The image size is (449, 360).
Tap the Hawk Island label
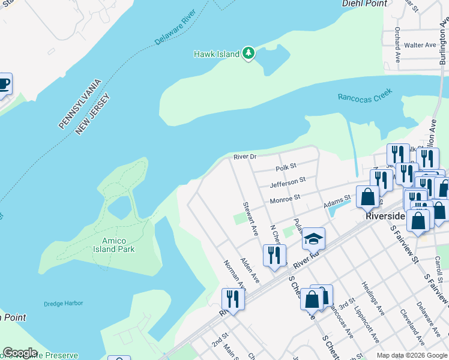pos(216,54)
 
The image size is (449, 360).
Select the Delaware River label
pos(175,28)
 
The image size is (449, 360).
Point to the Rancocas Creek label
pos(364,94)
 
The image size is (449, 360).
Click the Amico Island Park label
pos(114,245)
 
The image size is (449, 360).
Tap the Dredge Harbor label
pos(63,304)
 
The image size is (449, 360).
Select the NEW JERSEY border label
pos(93,114)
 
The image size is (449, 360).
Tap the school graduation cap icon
pos(313,239)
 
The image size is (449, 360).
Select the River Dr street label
pos(245,157)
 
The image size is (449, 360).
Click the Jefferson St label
pos(288,182)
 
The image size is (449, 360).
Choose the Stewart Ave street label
pos(250,218)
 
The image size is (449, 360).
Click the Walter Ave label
pos(420,45)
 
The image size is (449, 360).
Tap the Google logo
pos(20,353)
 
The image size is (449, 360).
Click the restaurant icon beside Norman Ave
pos(233,299)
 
